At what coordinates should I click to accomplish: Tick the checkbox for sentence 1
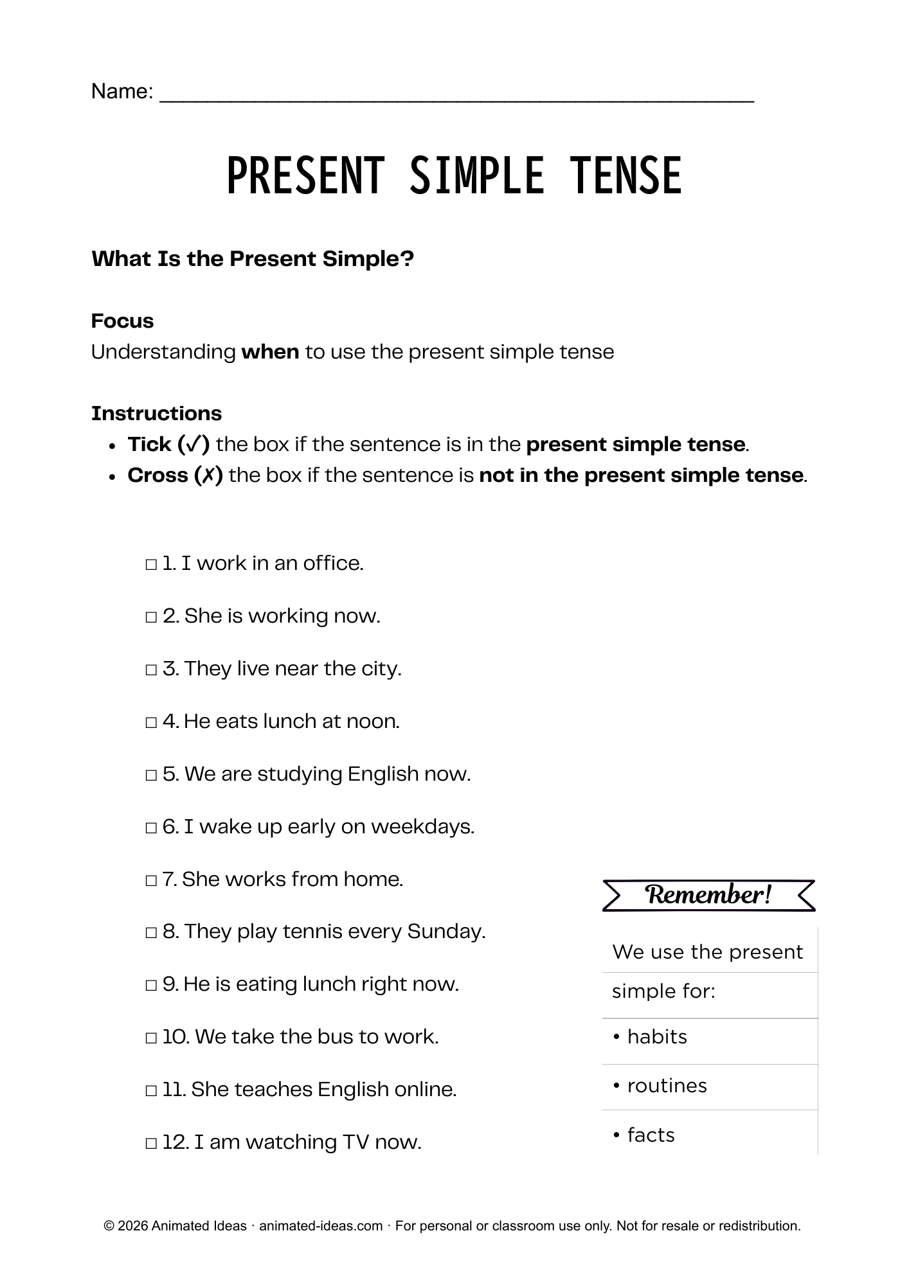(151, 565)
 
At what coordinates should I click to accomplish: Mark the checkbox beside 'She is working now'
(151, 617)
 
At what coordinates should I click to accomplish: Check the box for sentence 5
(151, 775)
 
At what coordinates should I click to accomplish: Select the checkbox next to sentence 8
(151, 933)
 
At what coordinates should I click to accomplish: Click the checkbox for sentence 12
(151, 1144)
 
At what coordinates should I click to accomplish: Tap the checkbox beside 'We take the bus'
(151, 1038)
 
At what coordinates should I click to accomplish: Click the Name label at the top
(122, 91)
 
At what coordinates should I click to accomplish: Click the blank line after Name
(456, 96)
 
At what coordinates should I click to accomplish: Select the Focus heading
(122, 321)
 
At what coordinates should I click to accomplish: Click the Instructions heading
(156, 413)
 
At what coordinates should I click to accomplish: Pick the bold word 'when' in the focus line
(270, 352)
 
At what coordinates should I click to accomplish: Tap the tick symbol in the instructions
(194, 444)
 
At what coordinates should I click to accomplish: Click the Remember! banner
(708, 895)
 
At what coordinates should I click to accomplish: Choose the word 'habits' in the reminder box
(657, 1037)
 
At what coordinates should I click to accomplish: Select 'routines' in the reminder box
(667, 1086)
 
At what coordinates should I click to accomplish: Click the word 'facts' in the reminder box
(651, 1135)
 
